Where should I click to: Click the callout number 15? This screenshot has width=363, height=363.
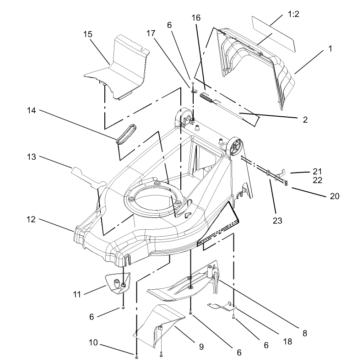point(88,34)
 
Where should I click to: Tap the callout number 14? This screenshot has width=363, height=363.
point(32,110)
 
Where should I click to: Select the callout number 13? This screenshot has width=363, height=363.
point(32,157)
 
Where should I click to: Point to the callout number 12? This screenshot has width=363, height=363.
point(31,219)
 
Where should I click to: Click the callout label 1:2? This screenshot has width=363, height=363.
point(293,14)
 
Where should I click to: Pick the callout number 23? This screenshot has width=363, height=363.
point(277,221)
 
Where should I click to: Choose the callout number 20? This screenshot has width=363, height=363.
point(335,196)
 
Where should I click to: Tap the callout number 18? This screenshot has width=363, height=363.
point(287,341)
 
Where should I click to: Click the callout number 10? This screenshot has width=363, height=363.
point(93,342)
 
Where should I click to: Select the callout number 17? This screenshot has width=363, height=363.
point(151,33)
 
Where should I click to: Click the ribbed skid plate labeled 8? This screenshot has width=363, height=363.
point(183,282)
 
